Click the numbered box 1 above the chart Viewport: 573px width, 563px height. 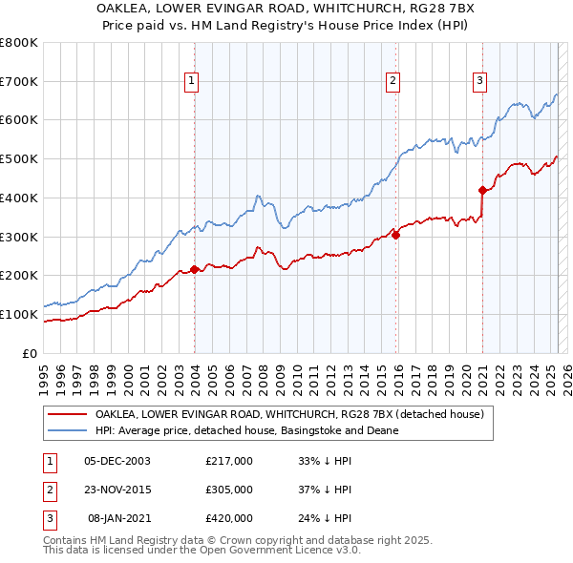coord(192,82)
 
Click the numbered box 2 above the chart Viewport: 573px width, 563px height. coord(393,82)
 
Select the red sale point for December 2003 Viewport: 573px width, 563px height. coord(194,269)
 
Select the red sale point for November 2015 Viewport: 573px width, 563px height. coord(395,235)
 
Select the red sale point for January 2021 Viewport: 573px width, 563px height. coord(482,190)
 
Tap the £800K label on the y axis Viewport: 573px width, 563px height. coord(19,43)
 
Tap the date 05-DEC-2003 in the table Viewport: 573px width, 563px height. coord(117,460)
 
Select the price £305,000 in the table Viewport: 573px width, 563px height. coord(229,490)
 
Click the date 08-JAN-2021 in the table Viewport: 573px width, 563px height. coord(118,518)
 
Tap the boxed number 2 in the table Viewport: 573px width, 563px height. coord(49,490)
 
